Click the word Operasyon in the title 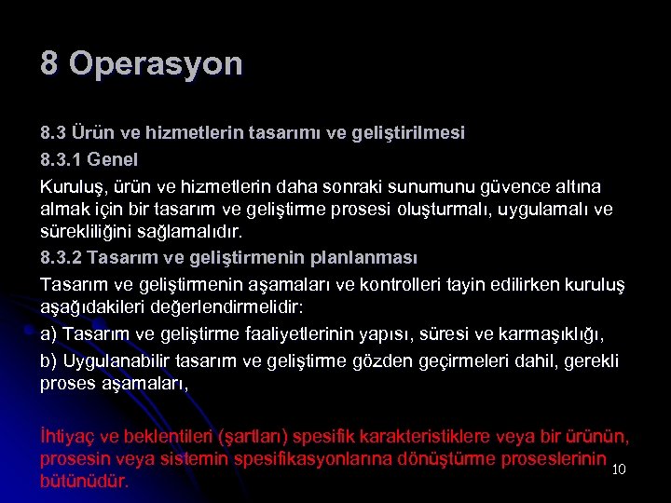pos(156,64)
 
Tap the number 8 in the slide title pos(49,63)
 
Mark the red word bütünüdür pos(84,483)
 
